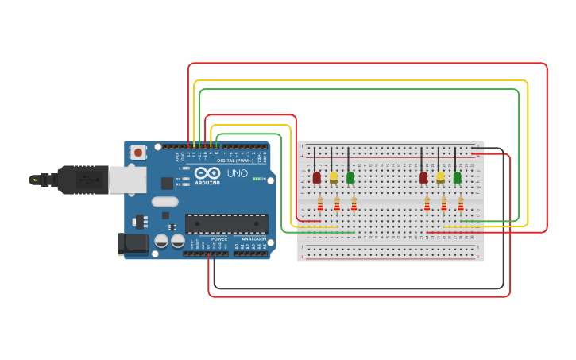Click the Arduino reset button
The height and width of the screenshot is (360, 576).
[138, 152]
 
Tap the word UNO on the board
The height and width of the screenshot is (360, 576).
[238, 173]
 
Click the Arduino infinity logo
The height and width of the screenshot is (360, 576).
[207, 172]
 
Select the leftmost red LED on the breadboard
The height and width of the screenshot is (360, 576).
[316, 177]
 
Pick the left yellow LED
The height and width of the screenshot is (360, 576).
[334, 177]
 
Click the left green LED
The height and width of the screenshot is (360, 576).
[350, 177]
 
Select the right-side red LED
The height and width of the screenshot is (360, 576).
[423, 177]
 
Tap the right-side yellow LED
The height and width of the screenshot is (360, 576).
[440, 177]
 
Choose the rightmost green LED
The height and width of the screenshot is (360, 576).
[457, 177]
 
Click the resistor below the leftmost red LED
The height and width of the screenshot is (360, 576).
[320, 205]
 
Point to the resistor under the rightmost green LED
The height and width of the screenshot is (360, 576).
[461, 205]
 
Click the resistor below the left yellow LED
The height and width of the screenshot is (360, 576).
[337, 205]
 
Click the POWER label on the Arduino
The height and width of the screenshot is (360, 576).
[219, 238]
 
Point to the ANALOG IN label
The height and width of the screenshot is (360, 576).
[253, 238]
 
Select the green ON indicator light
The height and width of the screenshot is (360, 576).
[257, 179]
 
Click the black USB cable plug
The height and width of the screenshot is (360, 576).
[83, 180]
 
